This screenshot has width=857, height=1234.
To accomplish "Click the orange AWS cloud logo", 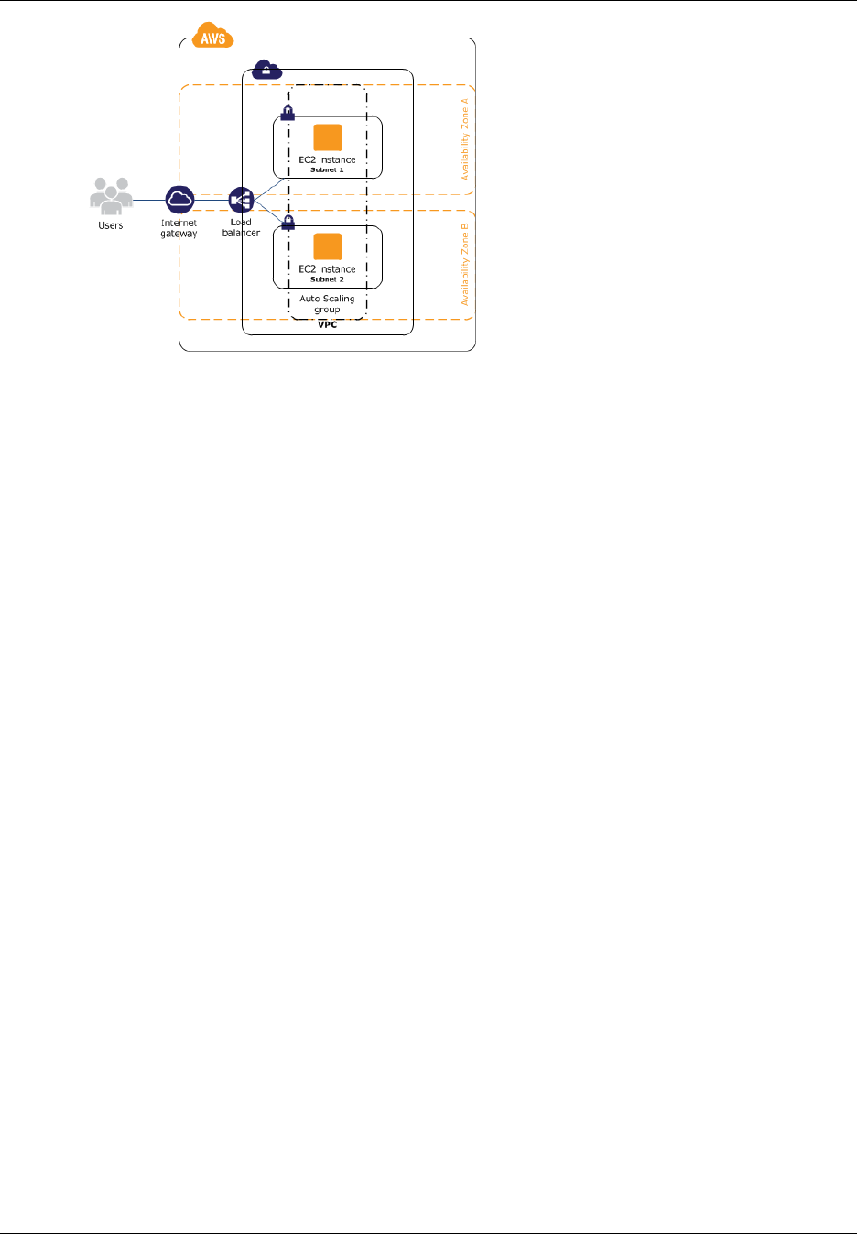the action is click(213, 38).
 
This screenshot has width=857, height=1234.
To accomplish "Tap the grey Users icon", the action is click(111, 196).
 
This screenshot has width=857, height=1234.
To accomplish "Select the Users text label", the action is click(111, 225).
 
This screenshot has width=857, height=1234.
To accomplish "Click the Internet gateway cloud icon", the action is click(180, 199).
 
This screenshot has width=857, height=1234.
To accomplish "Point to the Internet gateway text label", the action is click(179, 228).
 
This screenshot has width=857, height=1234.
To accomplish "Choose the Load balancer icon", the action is click(241, 200).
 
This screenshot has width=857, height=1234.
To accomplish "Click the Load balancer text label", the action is click(241, 227).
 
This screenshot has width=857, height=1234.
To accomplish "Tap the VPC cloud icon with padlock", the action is click(266, 70).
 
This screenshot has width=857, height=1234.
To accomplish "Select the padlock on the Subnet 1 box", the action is click(287, 113).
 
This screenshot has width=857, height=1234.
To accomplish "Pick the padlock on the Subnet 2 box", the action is click(287, 222).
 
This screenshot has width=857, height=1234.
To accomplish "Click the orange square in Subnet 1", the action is click(328, 137).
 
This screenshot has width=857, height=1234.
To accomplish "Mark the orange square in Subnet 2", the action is click(328, 246).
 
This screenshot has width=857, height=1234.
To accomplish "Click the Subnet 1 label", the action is click(327, 170).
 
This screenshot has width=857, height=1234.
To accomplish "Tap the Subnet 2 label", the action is click(327, 279).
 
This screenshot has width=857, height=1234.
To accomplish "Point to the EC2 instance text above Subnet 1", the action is click(327, 159).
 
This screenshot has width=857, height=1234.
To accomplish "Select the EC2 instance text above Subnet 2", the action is click(327, 269).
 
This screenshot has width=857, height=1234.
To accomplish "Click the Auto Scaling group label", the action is click(327, 304).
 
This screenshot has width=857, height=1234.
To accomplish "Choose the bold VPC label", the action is click(327, 324).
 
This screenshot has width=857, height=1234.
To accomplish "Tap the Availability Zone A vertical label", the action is click(465, 139).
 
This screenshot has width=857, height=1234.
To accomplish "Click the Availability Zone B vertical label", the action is click(465, 264).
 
